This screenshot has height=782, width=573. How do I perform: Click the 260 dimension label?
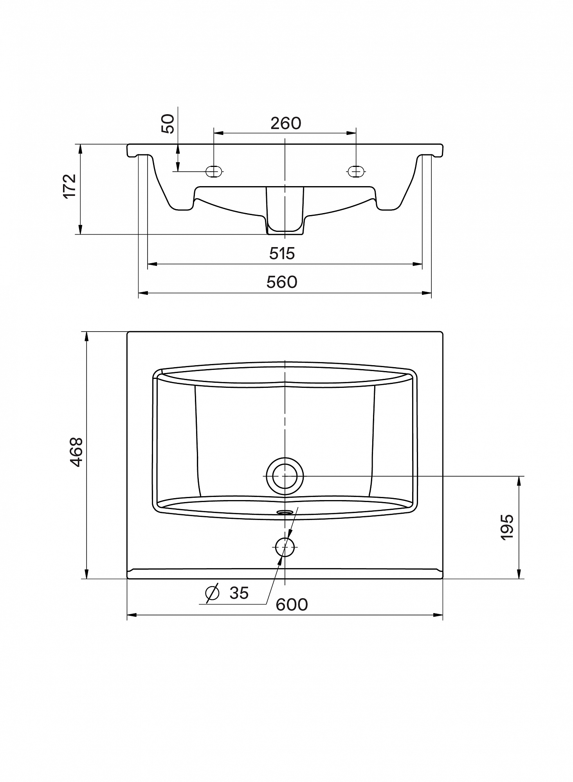[x=286, y=124]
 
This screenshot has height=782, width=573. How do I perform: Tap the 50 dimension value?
[x=168, y=124]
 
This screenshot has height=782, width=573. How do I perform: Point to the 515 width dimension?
[x=282, y=254]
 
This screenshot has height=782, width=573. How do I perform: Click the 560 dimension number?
[x=282, y=282]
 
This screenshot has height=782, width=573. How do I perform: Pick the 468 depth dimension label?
[x=76, y=452]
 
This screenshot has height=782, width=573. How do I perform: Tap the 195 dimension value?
[x=507, y=527]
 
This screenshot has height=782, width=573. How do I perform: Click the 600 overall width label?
[x=292, y=604]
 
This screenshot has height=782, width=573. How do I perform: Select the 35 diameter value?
[x=239, y=593]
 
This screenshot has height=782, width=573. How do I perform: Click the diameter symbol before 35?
[x=212, y=593]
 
